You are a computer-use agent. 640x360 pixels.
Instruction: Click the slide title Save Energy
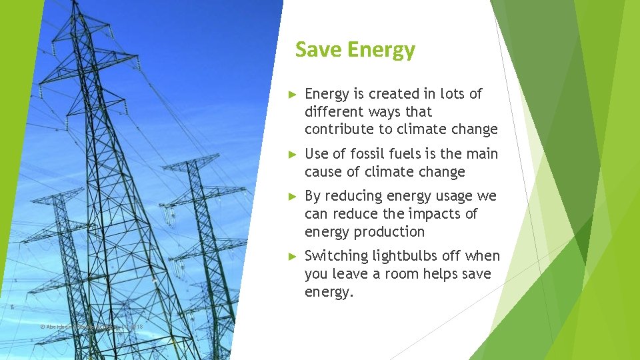click(x=355, y=50)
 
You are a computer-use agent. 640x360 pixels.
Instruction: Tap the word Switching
click(x=336, y=256)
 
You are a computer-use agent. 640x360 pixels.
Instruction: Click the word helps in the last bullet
click(x=468, y=274)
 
